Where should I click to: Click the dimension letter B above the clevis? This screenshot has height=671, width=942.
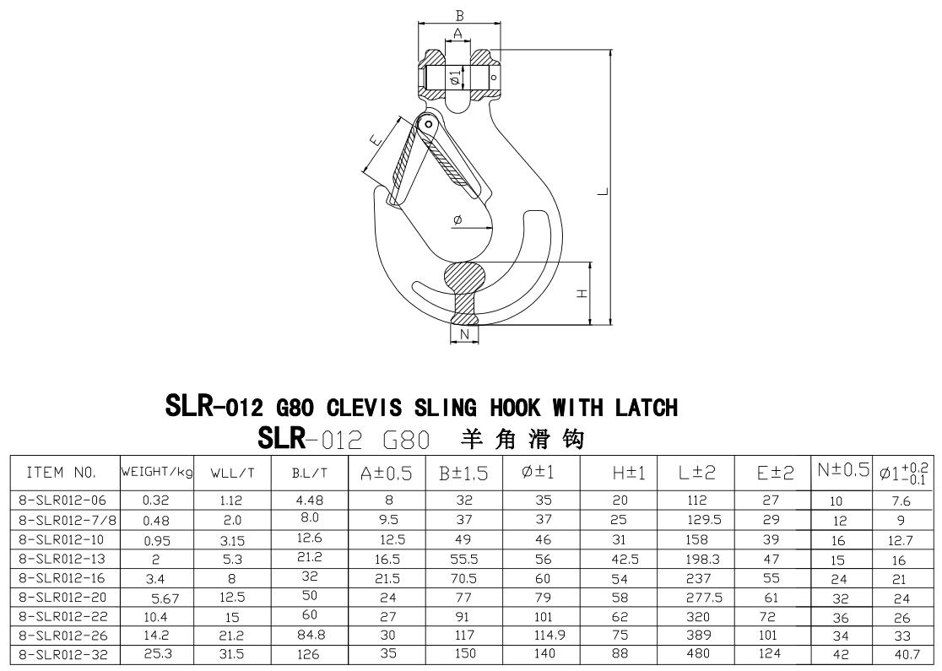(x=458, y=15)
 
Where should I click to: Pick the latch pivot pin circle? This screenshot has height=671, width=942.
(x=429, y=125)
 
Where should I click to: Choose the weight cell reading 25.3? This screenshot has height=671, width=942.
(x=156, y=653)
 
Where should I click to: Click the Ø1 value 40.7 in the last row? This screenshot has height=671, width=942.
(x=906, y=653)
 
